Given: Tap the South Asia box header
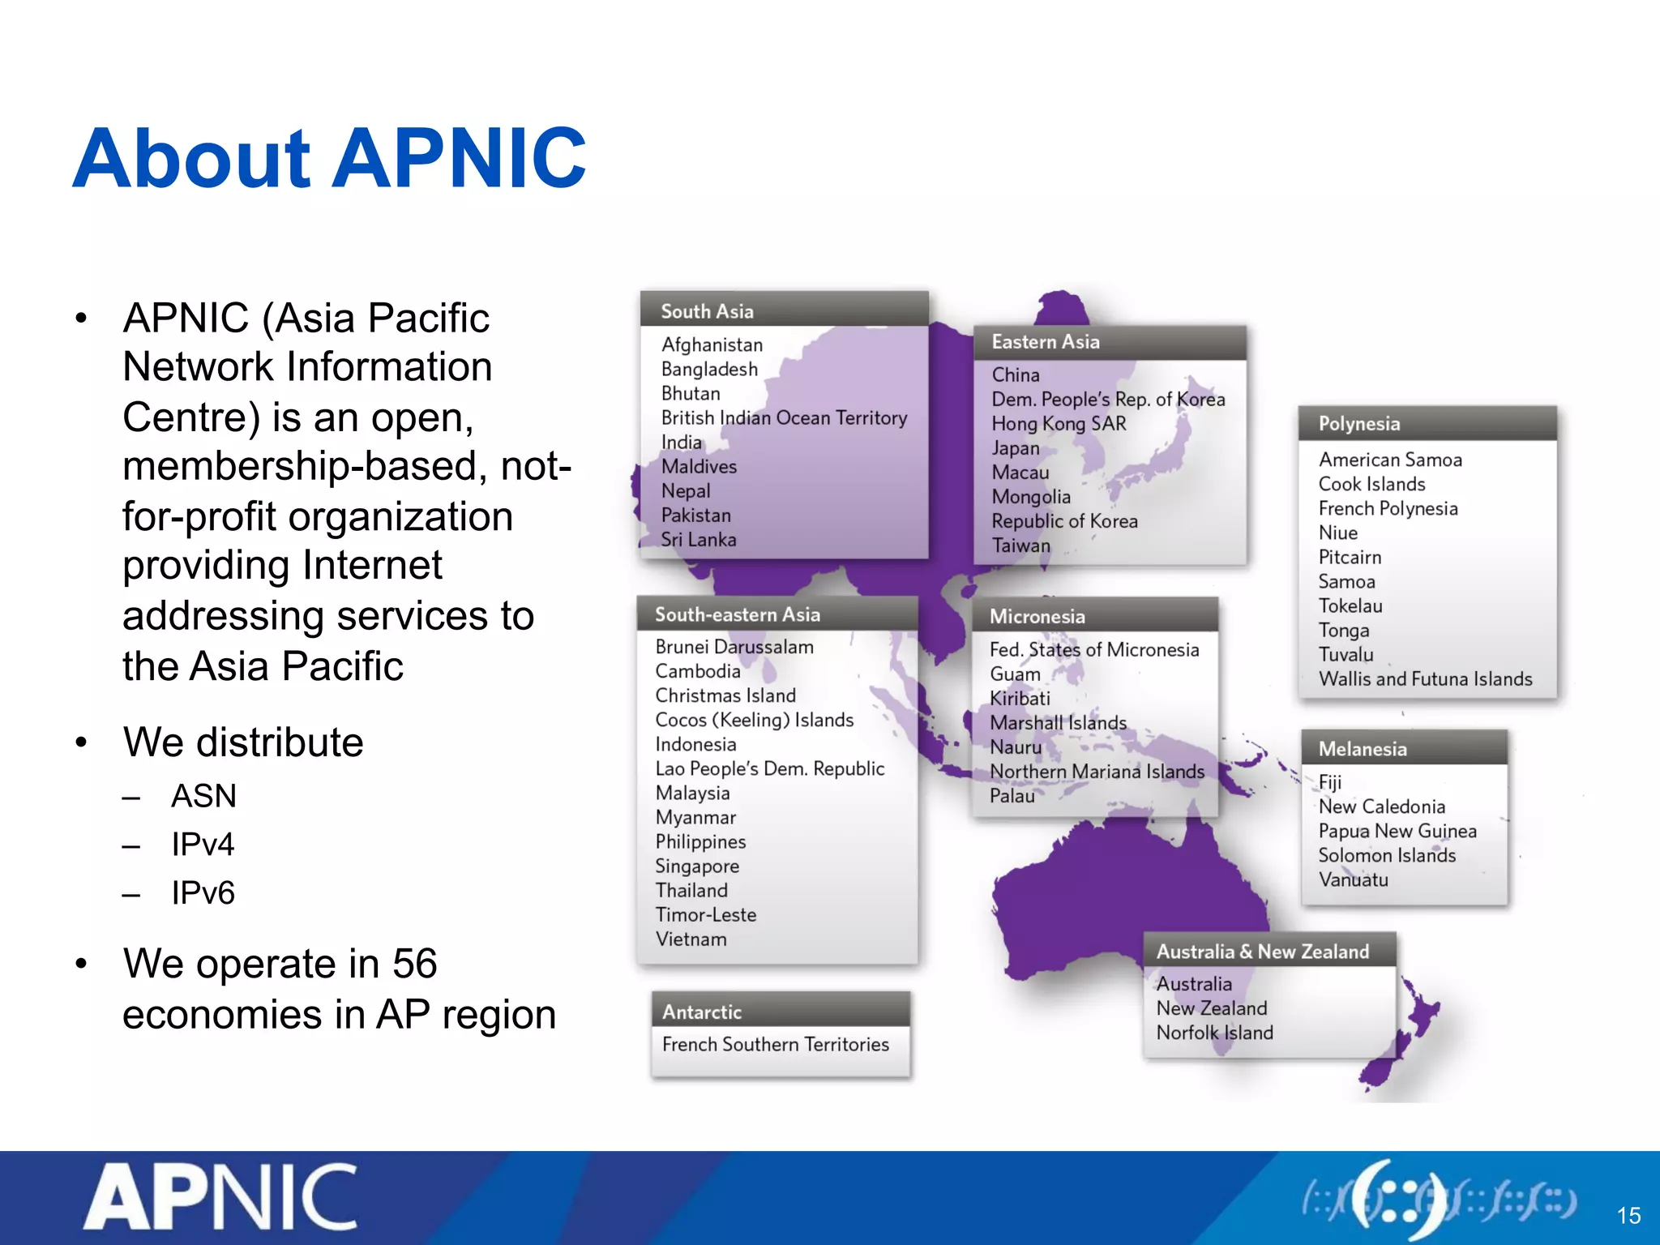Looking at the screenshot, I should pyautogui.click(x=707, y=311).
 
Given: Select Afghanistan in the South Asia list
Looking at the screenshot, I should pyautogui.click(x=712, y=344).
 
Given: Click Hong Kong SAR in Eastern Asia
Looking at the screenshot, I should pyautogui.click(x=1059, y=423).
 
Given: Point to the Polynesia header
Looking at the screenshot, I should pyautogui.click(x=1358, y=424).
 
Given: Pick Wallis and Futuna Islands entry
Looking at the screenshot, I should pyautogui.click(x=1425, y=679).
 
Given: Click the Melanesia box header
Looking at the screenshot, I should pyautogui.click(x=1363, y=749).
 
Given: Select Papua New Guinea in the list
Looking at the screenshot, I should pyautogui.click(x=1397, y=831).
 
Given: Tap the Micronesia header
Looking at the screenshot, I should pyautogui.click(x=1037, y=617).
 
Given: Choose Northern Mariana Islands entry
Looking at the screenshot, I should pyautogui.click(x=1097, y=772).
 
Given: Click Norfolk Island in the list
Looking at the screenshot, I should pyautogui.click(x=1214, y=1033).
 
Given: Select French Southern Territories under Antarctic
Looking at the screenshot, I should pyautogui.click(x=775, y=1045).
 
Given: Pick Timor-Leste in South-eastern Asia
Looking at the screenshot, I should pyautogui.click(x=705, y=915).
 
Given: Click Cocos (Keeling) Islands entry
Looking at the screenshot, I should pyautogui.click(x=754, y=720).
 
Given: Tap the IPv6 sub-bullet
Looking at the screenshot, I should pyautogui.click(x=203, y=893).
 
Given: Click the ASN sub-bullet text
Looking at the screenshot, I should pyautogui.click(x=203, y=796).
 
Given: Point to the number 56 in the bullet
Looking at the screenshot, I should pyautogui.click(x=414, y=965).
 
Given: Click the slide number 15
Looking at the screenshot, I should pyautogui.click(x=1628, y=1216).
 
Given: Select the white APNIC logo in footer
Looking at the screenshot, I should pyautogui.click(x=220, y=1196).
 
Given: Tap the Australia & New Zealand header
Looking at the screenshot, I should pyautogui.click(x=1262, y=952).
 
